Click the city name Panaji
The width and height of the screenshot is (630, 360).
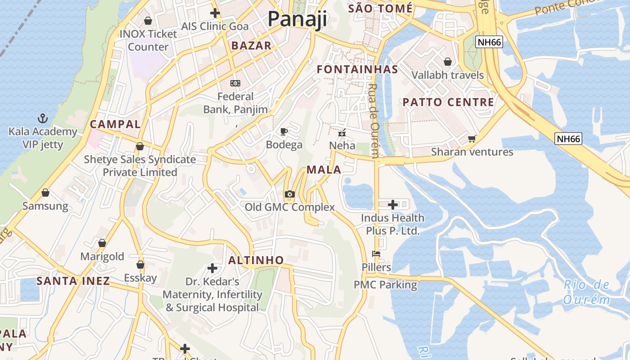pos(297,19)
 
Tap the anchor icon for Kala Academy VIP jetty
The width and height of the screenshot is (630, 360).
pos(43,119)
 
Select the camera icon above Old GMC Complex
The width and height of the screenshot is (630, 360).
pos(290,194)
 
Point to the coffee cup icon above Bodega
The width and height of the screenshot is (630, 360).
pos(284,131)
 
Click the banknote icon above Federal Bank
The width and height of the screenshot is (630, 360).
pos(235,83)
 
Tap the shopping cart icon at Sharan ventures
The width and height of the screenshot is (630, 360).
pos(472,139)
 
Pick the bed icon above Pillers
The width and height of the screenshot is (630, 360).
pos(377,254)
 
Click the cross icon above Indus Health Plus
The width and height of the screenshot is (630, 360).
pos(393,205)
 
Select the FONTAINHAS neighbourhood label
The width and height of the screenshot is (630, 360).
pos(357,69)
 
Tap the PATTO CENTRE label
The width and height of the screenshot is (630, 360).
pos(448,102)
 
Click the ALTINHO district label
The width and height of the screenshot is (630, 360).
pos(256,260)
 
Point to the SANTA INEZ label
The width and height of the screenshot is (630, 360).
pos(73,281)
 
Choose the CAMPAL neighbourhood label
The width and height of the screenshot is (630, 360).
pos(115,124)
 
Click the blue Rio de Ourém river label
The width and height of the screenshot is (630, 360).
pos(587,292)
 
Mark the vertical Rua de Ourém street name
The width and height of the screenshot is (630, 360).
pos(373,121)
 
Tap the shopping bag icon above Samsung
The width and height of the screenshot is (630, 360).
pos(45,193)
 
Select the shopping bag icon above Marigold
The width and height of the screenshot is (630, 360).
pos(102,243)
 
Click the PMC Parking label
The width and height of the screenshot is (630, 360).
pos(385,285)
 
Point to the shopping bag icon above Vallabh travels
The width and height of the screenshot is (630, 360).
pos(448,61)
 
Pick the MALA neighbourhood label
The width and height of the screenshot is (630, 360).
pos(324,170)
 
